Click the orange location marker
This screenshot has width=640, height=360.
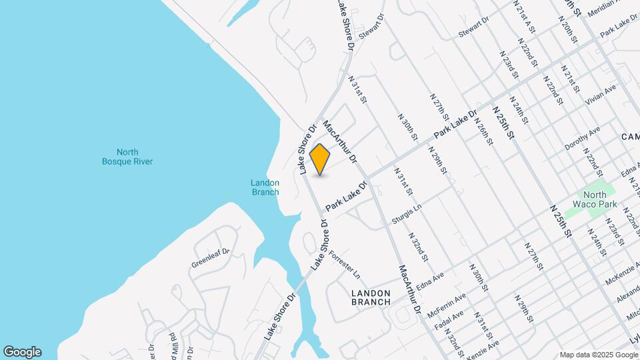[320, 159]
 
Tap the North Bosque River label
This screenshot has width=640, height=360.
[127, 157]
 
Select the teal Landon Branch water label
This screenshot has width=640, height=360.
[265, 187]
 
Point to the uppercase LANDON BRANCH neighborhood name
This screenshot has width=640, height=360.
[371, 297]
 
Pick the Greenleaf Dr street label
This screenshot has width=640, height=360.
[211, 257]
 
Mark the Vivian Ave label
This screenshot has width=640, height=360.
[601, 95]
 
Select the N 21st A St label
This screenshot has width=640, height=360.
[525, 15]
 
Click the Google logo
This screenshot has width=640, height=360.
[22, 351]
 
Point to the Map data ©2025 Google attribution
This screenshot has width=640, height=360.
[598, 354]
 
